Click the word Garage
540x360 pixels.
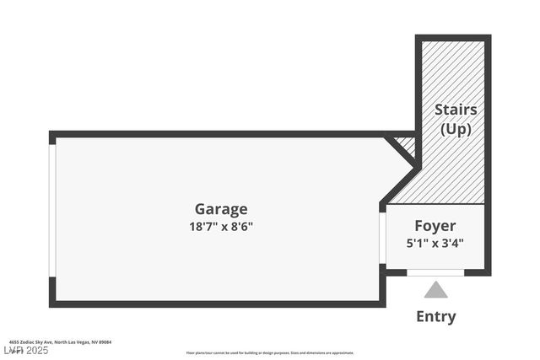pos(221,209)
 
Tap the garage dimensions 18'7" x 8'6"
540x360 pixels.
pos(221,226)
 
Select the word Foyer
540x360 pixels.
pos(435,226)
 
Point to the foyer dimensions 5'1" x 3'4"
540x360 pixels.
pos(435,243)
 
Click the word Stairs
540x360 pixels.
pos(456,110)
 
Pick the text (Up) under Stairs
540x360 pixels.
pos(456,129)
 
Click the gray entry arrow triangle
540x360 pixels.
pos(435,290)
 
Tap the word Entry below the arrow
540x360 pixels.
pos(435,317)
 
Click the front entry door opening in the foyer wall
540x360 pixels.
pos(435,272)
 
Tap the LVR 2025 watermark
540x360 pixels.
pos(25,350)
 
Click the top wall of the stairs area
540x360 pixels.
pos(452,38)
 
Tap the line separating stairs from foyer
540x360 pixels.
pos(435,204)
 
